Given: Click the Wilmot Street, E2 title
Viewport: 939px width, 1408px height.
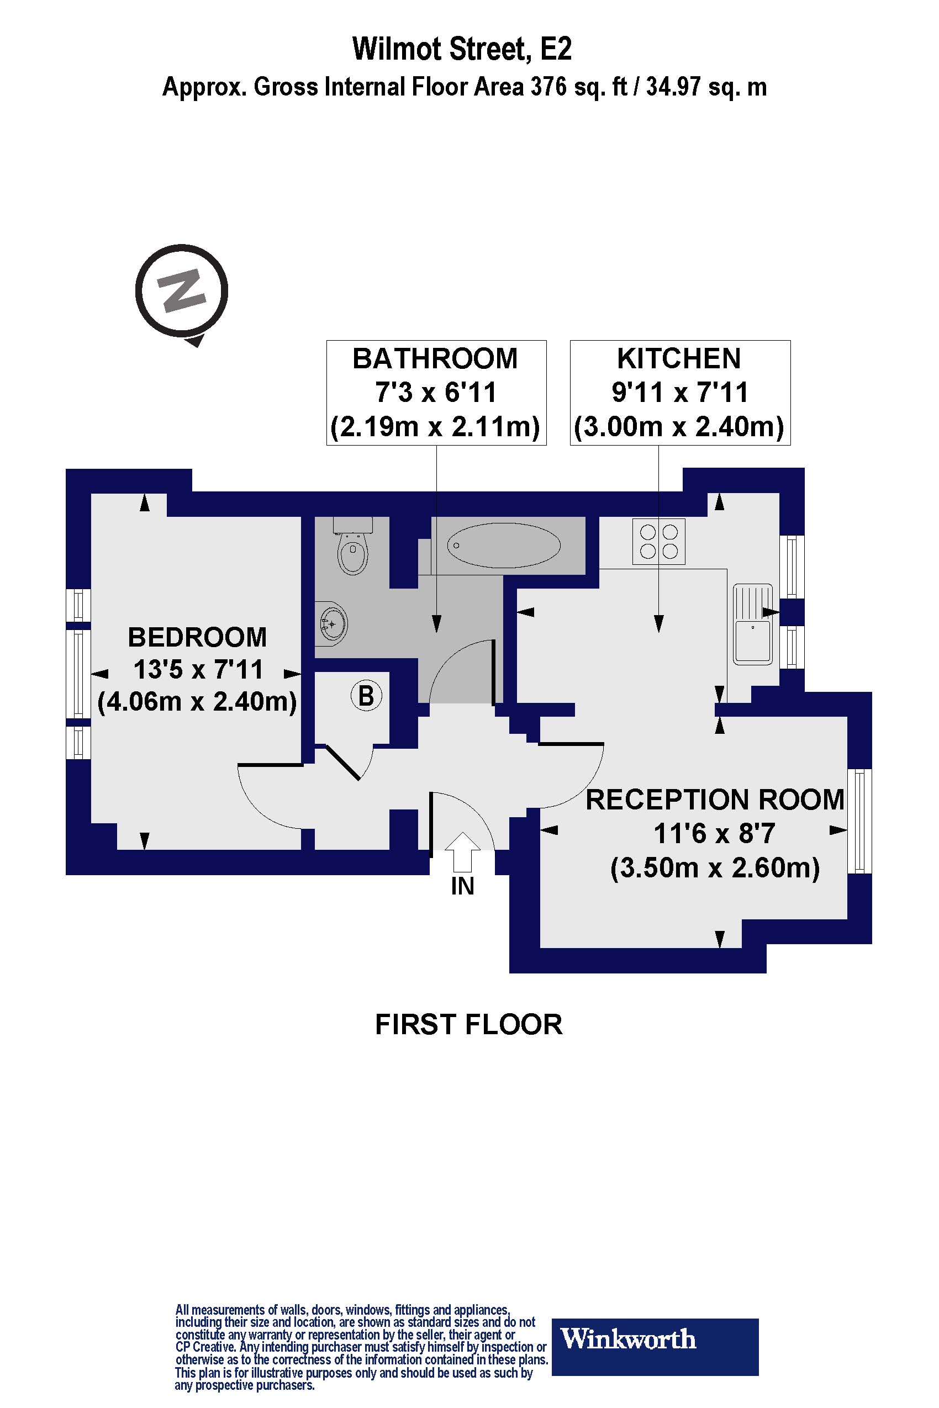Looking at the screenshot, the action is pos(462,49).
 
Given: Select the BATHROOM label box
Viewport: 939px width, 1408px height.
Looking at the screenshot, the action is pos(436,393).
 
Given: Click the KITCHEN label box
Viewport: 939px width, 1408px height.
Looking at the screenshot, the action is pos(680,393).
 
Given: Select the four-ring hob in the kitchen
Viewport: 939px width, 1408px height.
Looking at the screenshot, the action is pos(659,542).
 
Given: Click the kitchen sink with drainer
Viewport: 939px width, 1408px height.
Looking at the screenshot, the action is pos(753,623).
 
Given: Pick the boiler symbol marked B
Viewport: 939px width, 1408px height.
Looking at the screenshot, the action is pos(366,696).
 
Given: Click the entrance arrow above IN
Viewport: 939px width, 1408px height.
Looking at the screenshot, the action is pos(462,851).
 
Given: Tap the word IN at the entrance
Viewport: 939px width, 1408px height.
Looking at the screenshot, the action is pos(462,887).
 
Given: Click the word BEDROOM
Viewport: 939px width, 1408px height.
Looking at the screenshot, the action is pos(197,637).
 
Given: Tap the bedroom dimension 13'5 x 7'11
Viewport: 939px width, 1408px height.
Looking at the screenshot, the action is pos(198,669).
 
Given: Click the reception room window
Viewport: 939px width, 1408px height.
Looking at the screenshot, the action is pos(860,820).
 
